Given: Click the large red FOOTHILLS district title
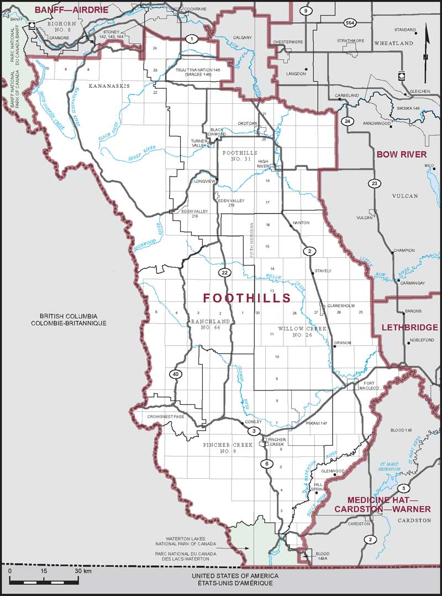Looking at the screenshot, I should [x=246, y=298].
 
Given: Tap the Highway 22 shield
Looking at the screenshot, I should [x=224, y=273].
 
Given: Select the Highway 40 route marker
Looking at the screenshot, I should [x=175, y=375].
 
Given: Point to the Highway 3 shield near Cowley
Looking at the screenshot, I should [x=254, y=431].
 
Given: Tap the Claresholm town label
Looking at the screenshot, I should [x=340, y=305].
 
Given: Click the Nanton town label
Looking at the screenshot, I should [x=301, y=223].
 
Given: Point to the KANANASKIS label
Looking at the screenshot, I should [x=109, y=87].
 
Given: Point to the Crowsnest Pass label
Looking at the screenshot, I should [x=166, y=416].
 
